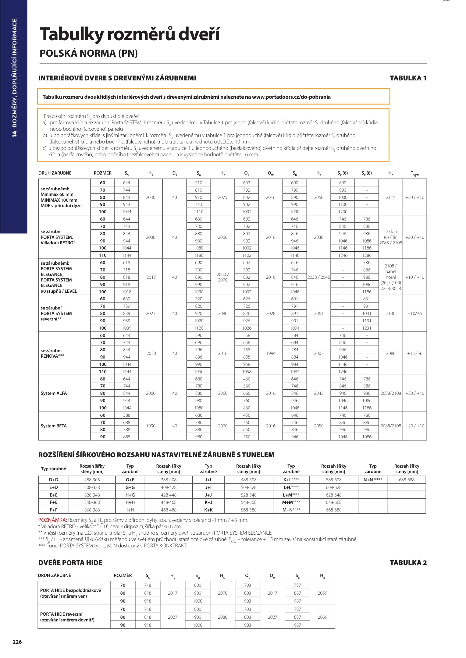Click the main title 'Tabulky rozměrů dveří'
coord(130,34)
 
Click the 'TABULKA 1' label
coord(408,78)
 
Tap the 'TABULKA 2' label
coord(408,563)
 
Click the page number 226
coord(17,642)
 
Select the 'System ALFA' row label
coord(54,393)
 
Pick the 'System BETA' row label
coord(54,426)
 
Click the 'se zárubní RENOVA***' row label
coord(52,353)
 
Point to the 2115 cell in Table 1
coord(390,197)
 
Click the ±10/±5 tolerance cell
coord(414,313)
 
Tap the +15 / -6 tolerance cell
coord(414,353)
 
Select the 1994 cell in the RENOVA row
coord(271,353)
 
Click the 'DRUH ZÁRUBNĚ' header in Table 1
coord(55,173)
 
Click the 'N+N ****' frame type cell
coord(373,480)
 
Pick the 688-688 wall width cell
coord(407,480)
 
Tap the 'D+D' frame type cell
coord(54,480)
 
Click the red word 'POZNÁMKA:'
coord(52,520)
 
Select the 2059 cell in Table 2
coord(322,593)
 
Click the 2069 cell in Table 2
coord(322,617)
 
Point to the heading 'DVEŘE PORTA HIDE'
coord(70,563)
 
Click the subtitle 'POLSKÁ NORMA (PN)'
coord(89,53)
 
